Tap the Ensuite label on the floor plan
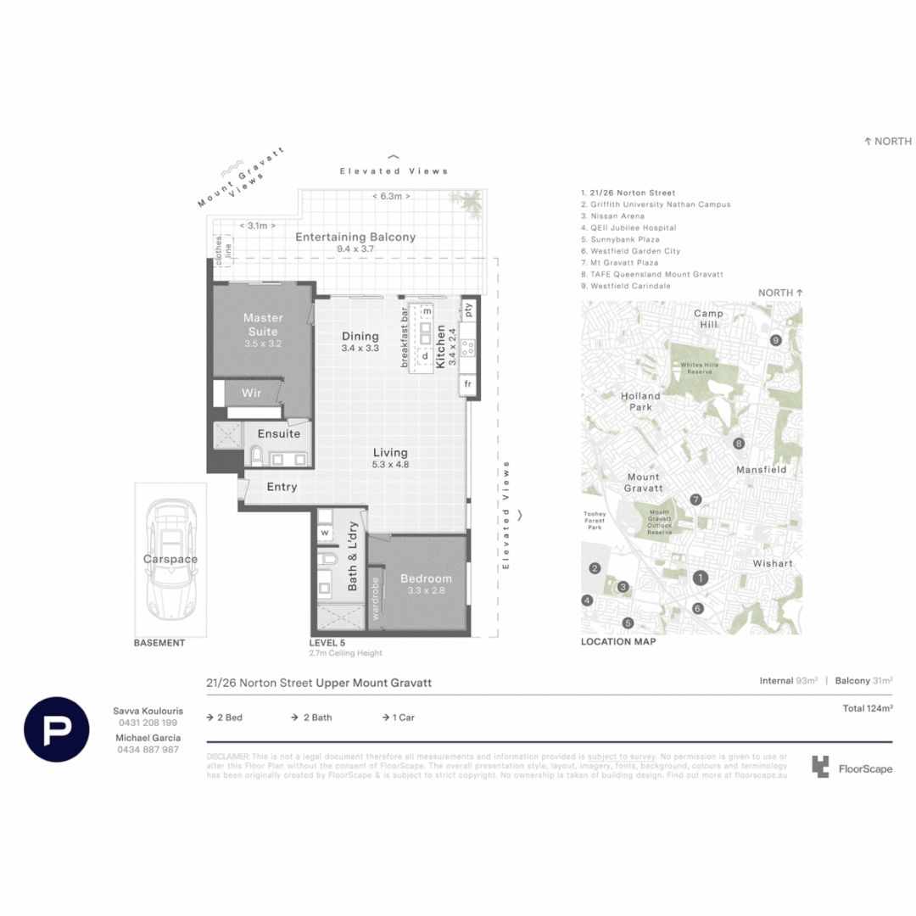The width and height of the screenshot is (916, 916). (x=279, y=433)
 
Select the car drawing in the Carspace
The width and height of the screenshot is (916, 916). (x=170, y=560)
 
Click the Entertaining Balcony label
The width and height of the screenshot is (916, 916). (x=355, y=237)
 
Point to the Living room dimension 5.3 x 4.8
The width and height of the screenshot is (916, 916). (x=390, y=465)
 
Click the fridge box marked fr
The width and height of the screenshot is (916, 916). (x=467, y=384)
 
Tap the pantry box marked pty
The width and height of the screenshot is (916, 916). (x=468, y=310)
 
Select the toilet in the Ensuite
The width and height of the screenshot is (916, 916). (x=257, y=457)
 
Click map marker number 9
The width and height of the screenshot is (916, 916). (x=775, y=340)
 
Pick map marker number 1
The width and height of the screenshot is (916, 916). (x=701, y=578)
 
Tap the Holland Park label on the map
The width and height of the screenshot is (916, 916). (x=640, y=401)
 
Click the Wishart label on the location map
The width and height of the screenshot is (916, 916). (x=772, y=563)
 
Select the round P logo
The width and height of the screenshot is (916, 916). (x=57, y=729)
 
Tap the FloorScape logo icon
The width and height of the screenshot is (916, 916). (x=819, y=768)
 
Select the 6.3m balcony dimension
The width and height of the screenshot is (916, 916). (x=391, y=197)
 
